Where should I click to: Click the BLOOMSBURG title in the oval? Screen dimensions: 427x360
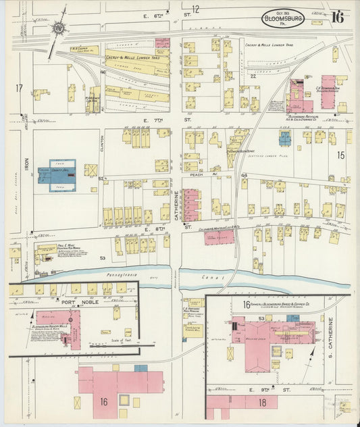tap(282, 16)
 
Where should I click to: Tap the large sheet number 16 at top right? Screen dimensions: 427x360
tap(337, 17)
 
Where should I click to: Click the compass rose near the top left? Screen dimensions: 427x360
tap(59, 28)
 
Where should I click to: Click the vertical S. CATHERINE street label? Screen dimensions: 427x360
tap(331, 337)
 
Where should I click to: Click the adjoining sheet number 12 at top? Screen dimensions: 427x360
tap(196, 9)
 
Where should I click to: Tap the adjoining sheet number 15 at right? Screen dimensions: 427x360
tap(342, 155)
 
